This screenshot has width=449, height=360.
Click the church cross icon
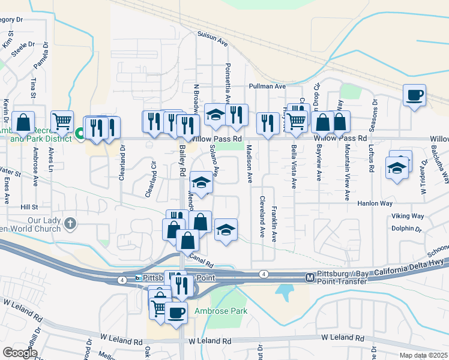[71, 224]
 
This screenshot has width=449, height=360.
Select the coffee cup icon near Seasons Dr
[414, 95]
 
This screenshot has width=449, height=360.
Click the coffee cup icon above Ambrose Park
[176, 313]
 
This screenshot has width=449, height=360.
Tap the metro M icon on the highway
[310, 277]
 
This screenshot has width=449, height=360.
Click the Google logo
[20, 352]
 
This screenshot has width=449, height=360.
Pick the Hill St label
[29, 206]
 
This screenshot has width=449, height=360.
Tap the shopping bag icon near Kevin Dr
[23, 122]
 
